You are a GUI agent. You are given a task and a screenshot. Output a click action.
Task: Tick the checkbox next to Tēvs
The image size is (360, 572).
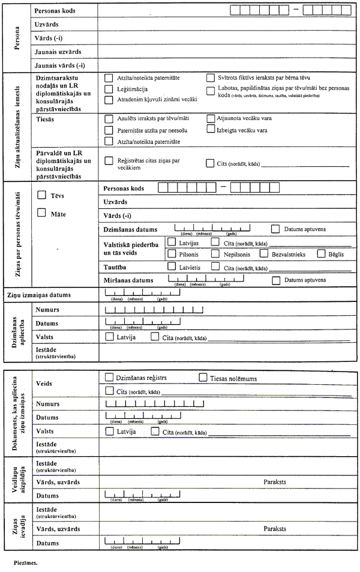(41, 194)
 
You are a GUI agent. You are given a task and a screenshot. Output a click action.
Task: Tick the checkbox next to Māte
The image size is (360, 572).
(41, 212)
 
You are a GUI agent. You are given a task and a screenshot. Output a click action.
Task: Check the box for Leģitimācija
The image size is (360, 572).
(109, 88)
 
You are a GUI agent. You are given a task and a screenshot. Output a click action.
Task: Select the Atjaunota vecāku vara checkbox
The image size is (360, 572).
(211, 118)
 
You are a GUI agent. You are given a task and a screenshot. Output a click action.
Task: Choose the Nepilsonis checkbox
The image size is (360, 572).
(215, 254)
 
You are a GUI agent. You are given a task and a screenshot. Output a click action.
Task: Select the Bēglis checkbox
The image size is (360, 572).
(321, 254)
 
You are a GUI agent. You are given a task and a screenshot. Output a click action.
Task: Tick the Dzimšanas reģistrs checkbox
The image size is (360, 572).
(109, 378)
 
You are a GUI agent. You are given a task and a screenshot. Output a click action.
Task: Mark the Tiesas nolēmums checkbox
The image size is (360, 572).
(202, 378)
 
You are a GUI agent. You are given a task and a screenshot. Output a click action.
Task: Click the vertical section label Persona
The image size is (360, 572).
(16, 37)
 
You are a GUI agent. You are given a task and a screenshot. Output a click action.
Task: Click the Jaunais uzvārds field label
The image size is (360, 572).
(58, 52)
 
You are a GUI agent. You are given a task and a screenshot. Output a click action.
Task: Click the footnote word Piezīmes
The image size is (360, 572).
(26, 564)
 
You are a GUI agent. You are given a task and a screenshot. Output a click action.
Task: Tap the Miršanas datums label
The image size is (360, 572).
(128, 280)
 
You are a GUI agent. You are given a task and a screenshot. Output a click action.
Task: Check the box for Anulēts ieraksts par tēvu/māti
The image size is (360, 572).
(109, 119)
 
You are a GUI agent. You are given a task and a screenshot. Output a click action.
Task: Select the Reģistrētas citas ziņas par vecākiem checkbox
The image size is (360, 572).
(109, 161)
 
